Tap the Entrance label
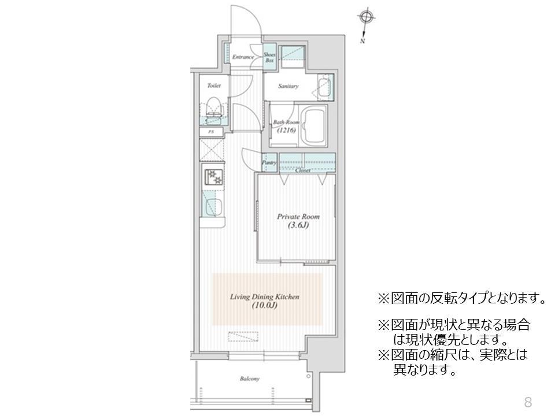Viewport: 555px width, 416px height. [x=243, y=58]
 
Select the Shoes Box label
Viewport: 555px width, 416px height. [x=269, y=57]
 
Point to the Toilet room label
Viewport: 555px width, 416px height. [x=214, y=86]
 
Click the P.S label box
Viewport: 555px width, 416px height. [x=212, y=132]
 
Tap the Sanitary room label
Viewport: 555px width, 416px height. [x=288, y=87]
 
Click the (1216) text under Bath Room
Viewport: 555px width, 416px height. [x=286, y=131]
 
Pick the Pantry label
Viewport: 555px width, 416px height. [x=269, y=163]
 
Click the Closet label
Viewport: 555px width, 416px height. [x=303, y=171]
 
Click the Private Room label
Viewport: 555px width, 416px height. [x=298, y=217]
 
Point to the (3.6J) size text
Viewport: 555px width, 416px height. [x=298, y=225]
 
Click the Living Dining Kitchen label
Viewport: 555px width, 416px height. [x=264, y=297]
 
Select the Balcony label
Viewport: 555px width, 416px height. [x=250, y=379]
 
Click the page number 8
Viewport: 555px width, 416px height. [x=527, y=402]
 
